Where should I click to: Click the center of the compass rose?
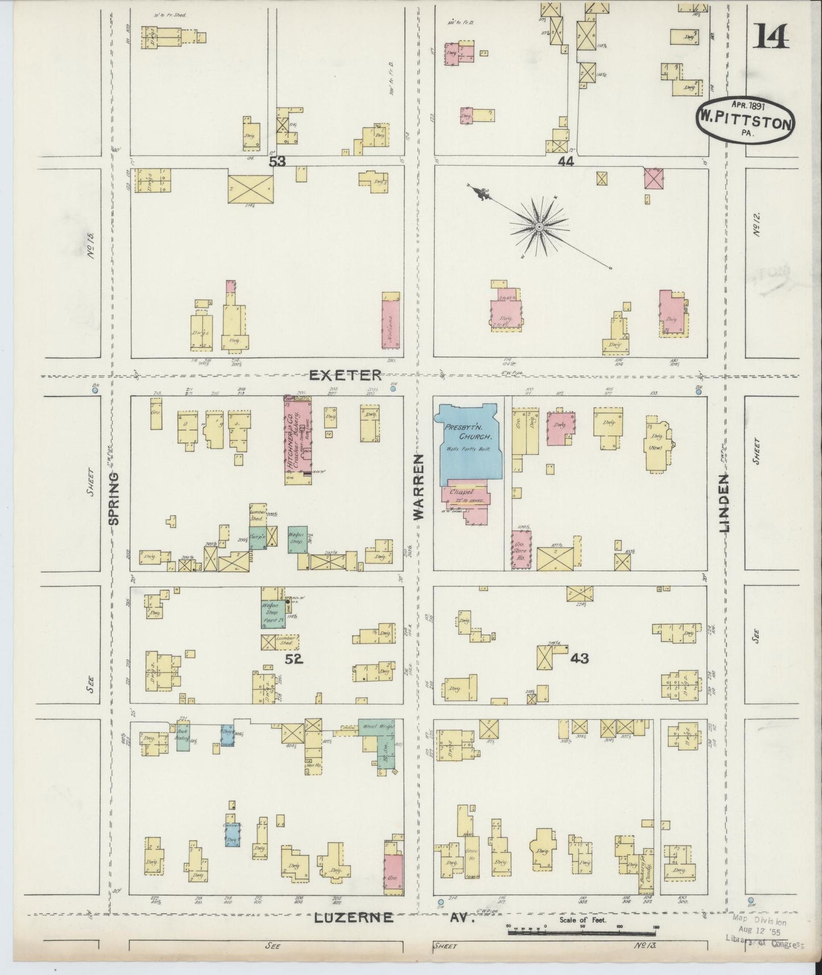(x=538, y=228)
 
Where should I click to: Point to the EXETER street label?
(x=345, y=375)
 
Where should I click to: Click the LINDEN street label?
(x=724, y=503)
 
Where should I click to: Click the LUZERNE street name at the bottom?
(x=353, y=918)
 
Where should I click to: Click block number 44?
(x=565, y=162)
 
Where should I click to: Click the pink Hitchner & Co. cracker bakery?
(x=298, y=441)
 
